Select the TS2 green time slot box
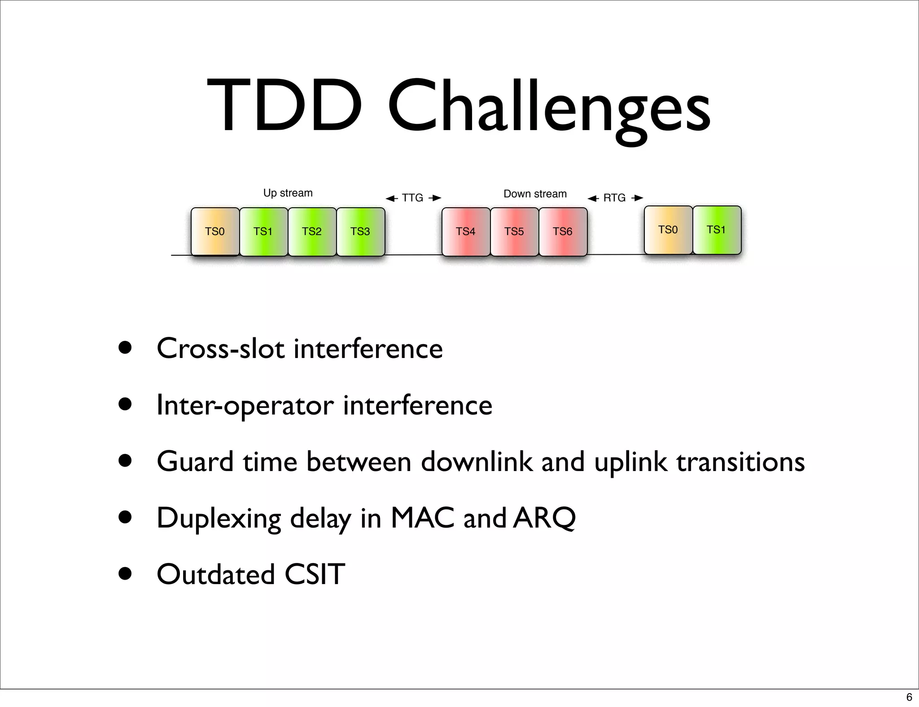point(312,231)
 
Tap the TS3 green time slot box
point(360,231)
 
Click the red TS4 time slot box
point(466,231)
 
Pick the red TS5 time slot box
point(514,231)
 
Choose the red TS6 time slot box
point(563,231)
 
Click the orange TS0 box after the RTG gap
point(668,230)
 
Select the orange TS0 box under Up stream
point(215,231)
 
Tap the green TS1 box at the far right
point(717,230)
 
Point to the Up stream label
point(288,193)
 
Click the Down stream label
point(535,194)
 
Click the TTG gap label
point(412,198)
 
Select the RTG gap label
point(614,198)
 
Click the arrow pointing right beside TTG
point(435,198)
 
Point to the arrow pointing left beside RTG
point(593,198)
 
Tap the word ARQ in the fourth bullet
point(544,518)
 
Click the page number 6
point(909,697)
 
